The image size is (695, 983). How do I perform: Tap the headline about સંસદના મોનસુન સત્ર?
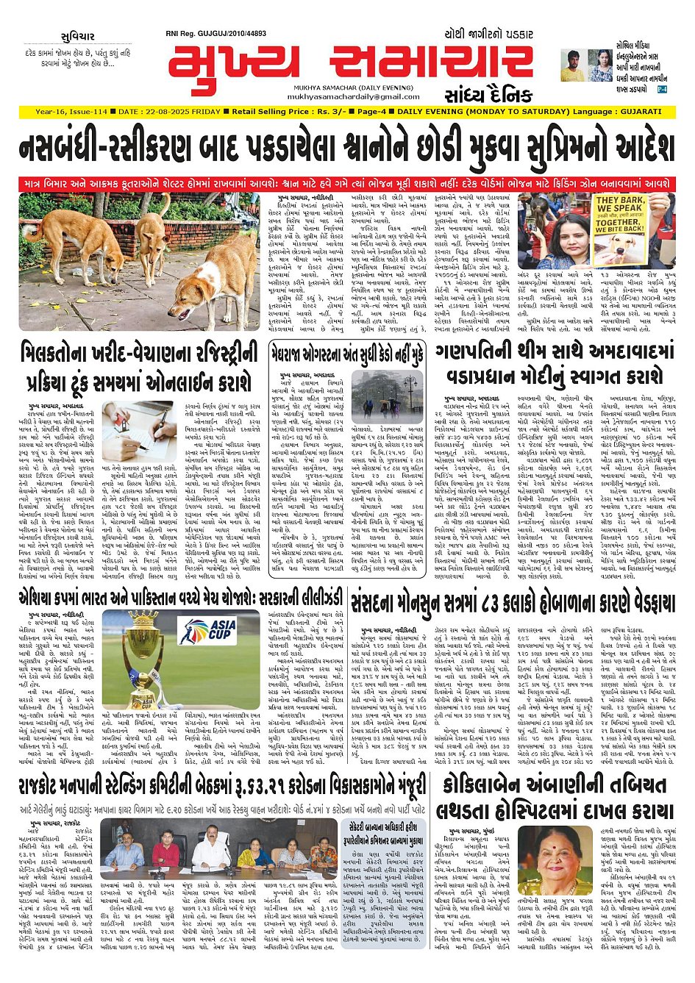coord(512,604)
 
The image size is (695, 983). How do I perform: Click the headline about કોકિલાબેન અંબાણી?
coord(556,798)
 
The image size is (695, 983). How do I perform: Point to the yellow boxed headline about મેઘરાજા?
coord(346,355)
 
